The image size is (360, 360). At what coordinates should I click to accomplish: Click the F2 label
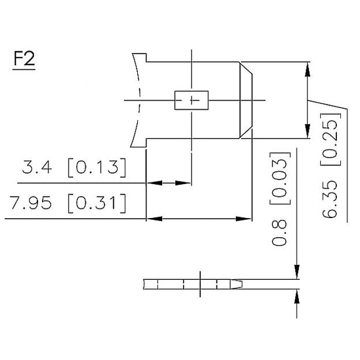coord(24,60)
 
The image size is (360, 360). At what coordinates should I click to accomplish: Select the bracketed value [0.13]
coord(96,168)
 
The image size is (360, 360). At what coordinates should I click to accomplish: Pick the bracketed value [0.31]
coord(96,204)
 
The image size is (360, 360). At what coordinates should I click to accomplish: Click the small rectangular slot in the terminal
coord(191,100)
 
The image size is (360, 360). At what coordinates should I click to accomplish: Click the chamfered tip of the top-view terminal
coord(246,100)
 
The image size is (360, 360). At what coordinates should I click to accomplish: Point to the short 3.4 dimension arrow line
coord(168,183)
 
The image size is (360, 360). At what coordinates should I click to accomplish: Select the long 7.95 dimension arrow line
coord(199,219)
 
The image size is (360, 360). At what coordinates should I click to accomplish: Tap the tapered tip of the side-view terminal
coord(238,284)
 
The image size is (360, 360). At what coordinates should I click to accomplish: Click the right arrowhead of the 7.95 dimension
coord(246,219)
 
